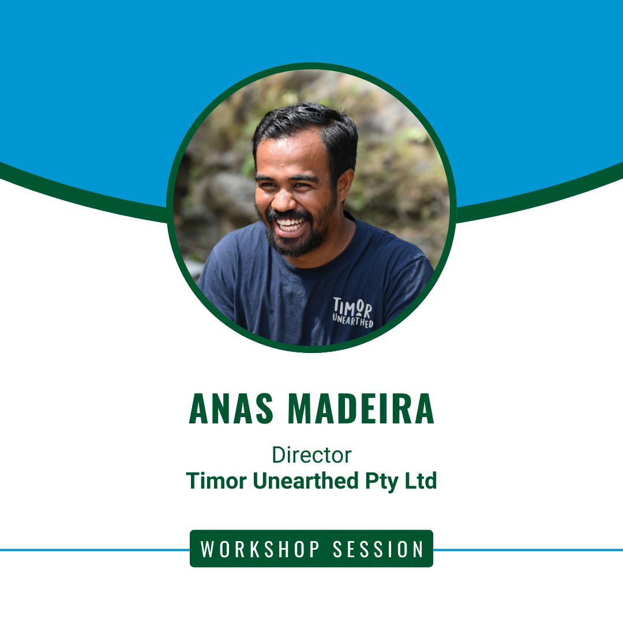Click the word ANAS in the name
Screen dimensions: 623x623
pyautogui.click(x=231, y=408)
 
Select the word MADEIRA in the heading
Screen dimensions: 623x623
pyautogui.click(x=361, y=408)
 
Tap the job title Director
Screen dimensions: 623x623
pyautogui.click(x=311, y=455)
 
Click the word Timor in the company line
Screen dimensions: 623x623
pyautogui.click(x=216, y=481)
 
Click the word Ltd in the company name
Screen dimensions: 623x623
pyautogui.click(x=421, y=481)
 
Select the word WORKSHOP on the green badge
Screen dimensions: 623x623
pyautogui.click(x=260, y=549)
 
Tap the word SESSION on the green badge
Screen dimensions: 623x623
pyautogui.click(x=378, y=549)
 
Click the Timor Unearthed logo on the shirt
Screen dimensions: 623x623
pyautogui.click(x=352, y=312)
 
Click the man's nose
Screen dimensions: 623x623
pyautogui.click(x=283, y=198)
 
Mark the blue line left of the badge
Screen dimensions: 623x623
pyautogui.click(x=95, y=550)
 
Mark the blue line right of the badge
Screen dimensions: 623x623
pyautogui.click(x=528, y=550)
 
